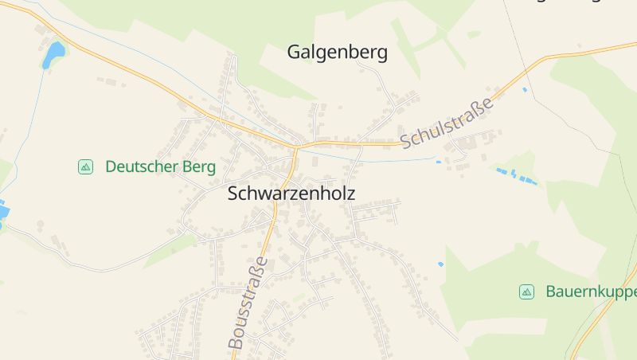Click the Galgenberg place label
[337, 53]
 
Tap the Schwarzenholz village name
[291, 194]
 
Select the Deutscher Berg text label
[160, 166]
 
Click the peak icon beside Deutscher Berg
[85, 166]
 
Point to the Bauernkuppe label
[590, 292]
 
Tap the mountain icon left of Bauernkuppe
[526, 292]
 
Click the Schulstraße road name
[447, 122]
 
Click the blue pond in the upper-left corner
[54, 54]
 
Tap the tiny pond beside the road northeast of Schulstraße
[524, 89]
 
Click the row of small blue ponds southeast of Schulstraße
[516, 175]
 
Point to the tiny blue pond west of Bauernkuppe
[440, 264]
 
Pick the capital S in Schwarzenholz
[233, 194]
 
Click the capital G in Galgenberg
[294, 53]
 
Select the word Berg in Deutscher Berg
[198, 166]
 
